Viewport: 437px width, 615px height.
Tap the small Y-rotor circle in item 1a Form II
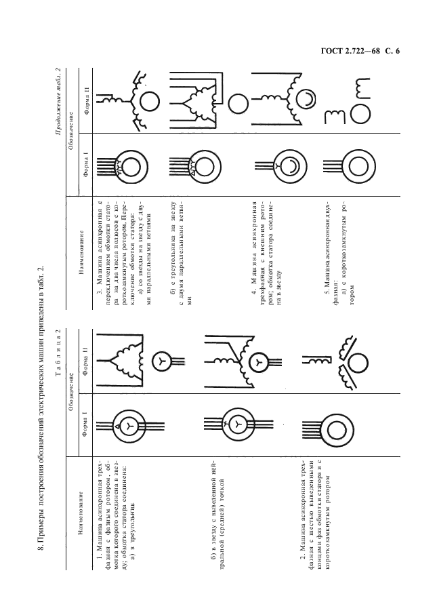point(161,361)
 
